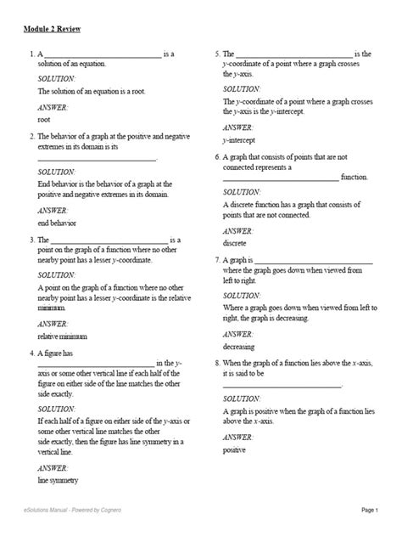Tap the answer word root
click(45, 121)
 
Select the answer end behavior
click(57, 223)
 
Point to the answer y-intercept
click(239, 140)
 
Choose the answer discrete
click(235, 243)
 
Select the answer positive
click(236, 449)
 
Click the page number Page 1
click(370, 510)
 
